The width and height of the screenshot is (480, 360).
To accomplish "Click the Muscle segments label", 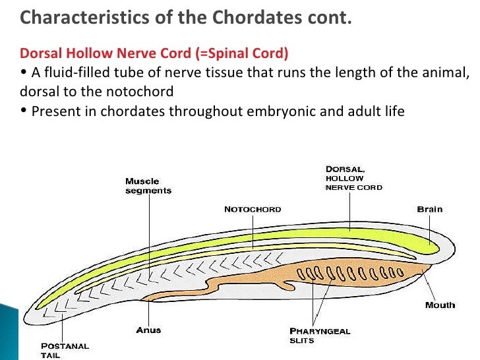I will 148,186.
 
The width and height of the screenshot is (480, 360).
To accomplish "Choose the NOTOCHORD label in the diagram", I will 253,210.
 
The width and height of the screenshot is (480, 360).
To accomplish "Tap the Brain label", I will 430,210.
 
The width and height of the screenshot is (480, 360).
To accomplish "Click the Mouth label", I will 440,305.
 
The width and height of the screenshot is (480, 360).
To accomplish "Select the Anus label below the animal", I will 149,330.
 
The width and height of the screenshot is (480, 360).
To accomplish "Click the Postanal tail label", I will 65,350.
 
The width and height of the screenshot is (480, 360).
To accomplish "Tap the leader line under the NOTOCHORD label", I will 253,231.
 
